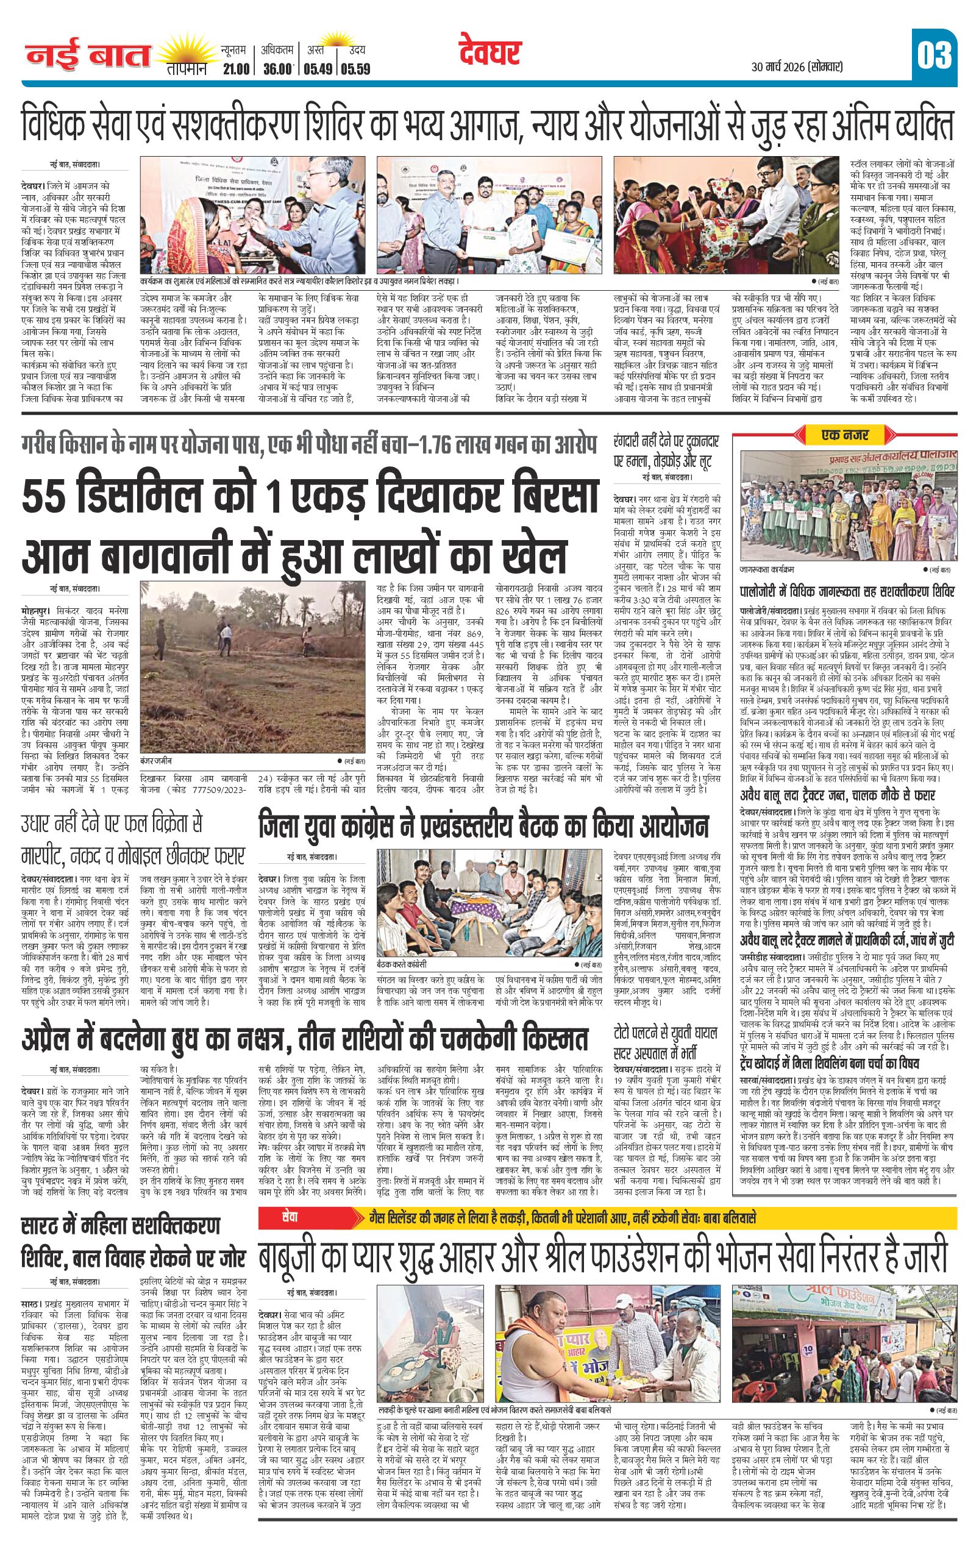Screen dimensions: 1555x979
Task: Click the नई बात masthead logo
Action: [88, 55]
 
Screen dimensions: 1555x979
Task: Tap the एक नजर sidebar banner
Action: [845, 435]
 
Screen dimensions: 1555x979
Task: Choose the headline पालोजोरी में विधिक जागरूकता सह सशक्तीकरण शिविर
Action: [847, 591]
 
